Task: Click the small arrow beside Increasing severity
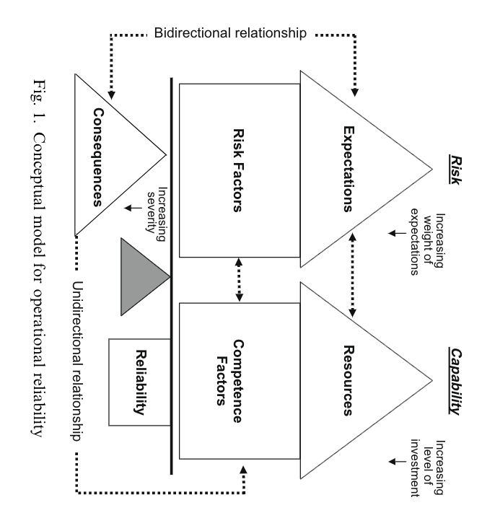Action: pyautogui.click(x=130, y=208)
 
